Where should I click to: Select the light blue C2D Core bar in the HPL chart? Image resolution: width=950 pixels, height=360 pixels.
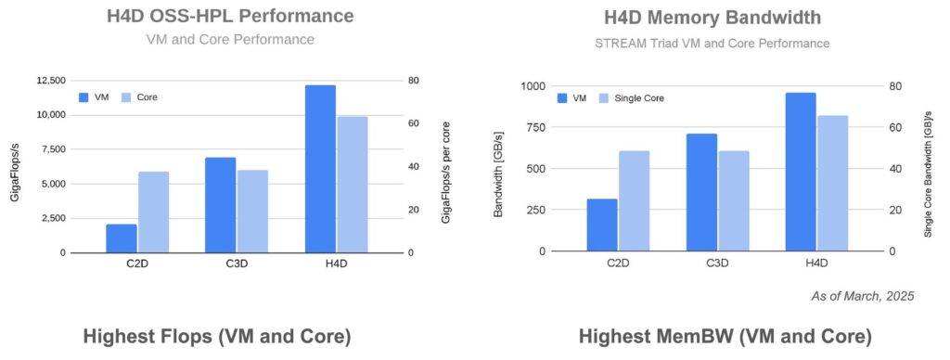(154, 212)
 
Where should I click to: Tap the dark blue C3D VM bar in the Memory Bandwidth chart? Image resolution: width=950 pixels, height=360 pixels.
(701, 192)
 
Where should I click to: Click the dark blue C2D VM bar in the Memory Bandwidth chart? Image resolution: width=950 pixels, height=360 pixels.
(602, 225)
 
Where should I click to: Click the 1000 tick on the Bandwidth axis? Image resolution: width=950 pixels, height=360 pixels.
(532, 86)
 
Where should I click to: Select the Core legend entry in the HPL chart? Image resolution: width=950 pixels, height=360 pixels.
(140, 96)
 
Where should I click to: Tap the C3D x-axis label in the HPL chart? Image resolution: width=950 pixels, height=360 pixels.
(237, 264)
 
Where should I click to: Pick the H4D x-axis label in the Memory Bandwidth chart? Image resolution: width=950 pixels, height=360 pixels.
(816, 264)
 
